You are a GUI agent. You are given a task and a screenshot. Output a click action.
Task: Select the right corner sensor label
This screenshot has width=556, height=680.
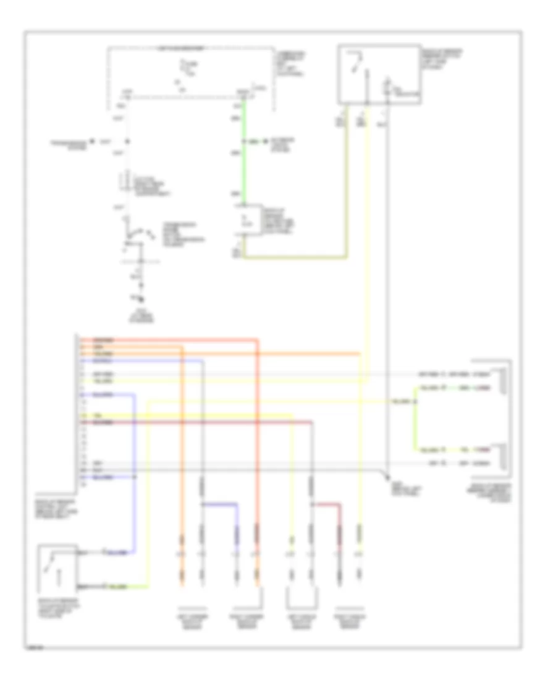tap(246, 621)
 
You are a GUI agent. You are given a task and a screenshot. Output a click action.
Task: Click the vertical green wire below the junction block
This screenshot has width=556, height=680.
tap(245, 155)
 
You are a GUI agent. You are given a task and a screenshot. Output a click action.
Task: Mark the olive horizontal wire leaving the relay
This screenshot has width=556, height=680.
tap(297, 257)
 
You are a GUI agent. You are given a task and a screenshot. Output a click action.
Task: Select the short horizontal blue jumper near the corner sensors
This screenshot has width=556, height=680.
tap(220, 504)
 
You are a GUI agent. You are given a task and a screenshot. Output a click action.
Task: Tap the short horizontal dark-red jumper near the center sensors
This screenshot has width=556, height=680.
tap(326, 504)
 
